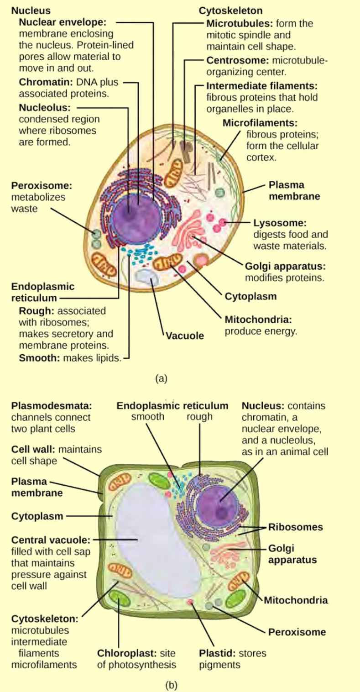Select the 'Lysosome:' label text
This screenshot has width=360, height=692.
click(x=279, y=223)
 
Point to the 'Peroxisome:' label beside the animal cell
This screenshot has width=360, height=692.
click(x=42, y=186)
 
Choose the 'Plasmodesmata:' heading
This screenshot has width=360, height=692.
click(x=52, y=406)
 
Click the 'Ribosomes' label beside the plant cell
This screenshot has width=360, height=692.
click(x=295, y=527)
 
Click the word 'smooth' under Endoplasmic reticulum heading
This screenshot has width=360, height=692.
click(x=147, y=417)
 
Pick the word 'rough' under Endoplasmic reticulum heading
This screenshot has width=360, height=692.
click(x=199, y=417)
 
